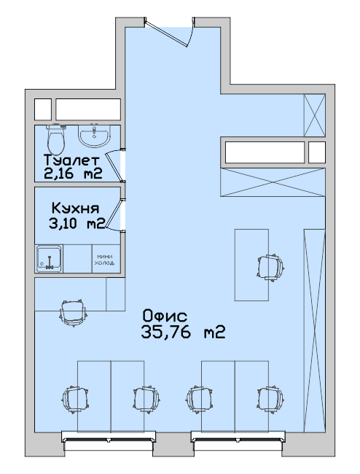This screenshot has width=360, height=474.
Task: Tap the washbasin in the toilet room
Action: tap(94, 136)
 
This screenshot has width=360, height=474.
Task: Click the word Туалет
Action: tap(71, 160)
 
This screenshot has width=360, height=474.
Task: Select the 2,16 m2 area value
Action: tap(73, 174)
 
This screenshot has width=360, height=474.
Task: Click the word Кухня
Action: tap(75, 209)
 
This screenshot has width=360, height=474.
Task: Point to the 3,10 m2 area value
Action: tap(77, 224)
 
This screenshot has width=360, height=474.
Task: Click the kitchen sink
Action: tap(49, 258)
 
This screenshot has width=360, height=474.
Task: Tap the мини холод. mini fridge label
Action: tap(104, 260)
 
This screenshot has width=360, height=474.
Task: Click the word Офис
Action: tap(165, 316)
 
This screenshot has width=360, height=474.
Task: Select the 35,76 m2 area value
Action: tap(183, 333)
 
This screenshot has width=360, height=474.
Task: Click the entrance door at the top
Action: tap(169, 32)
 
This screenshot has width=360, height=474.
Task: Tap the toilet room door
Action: tap(115, 166)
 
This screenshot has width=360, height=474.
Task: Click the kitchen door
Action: tap(115, 215)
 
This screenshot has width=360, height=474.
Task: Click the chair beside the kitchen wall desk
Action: tap(74, 312)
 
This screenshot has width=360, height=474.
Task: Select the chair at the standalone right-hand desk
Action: tap(270, 268)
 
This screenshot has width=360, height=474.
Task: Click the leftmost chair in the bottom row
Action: tap(76, 399)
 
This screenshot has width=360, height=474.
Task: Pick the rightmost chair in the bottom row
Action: tap(270, 399)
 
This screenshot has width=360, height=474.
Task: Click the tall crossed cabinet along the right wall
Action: tap(314, 330)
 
